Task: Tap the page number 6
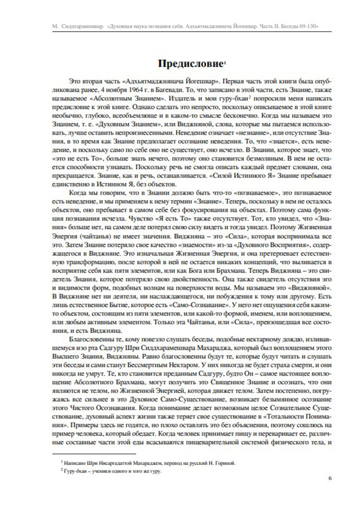[x=331, y=478]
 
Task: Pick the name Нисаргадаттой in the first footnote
[x=112, y=462]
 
